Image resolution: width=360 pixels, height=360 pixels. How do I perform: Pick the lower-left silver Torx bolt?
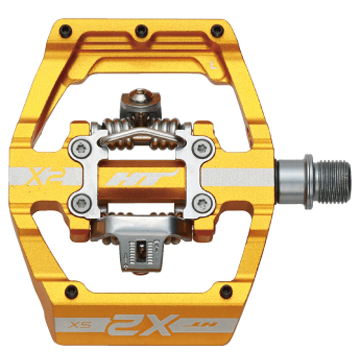[81, 203]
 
